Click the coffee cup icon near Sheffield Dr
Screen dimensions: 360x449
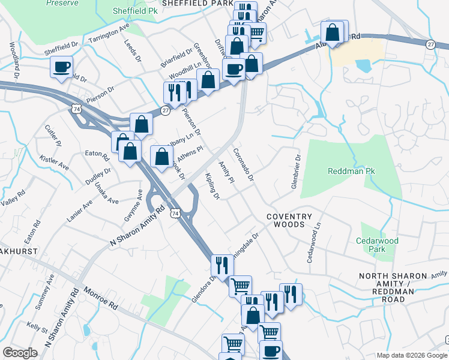coord(62,67)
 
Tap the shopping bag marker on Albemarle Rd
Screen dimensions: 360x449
coord(333,32)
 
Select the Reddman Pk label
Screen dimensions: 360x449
coord(351,172)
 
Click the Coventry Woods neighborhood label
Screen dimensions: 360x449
coord(289,220)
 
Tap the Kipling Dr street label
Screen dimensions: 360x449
coord(212,186)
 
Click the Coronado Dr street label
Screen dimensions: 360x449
coord(243,164)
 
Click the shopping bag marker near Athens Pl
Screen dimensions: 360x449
coord(161,157)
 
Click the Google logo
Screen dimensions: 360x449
coord(20,353)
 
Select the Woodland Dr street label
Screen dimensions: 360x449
coord(15,55)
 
